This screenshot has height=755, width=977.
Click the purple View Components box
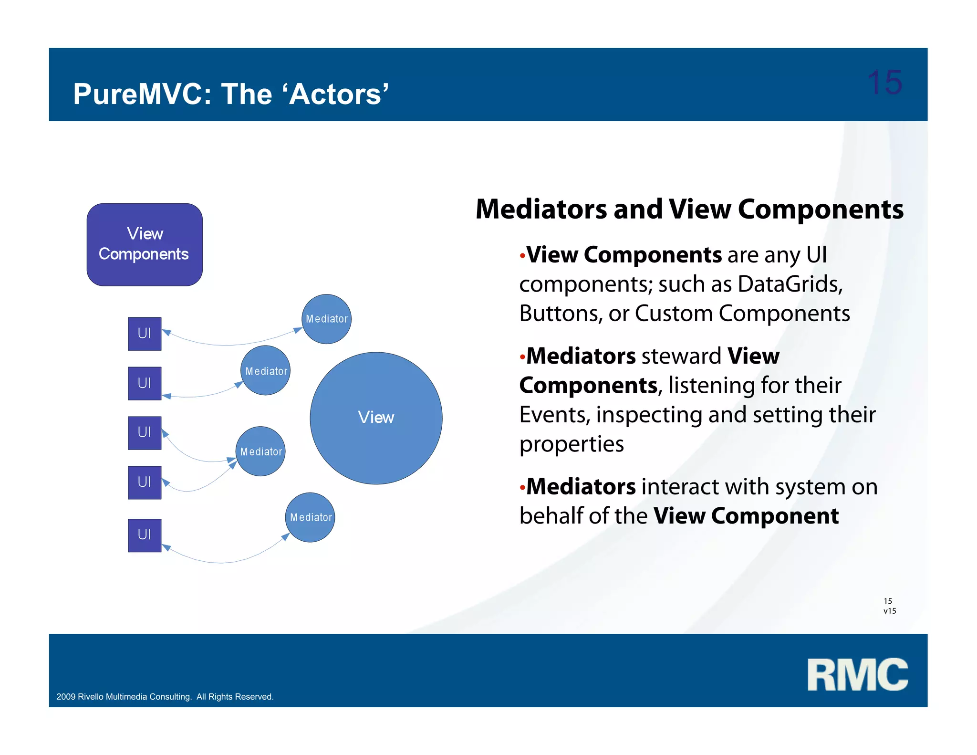click(x=145, y=244)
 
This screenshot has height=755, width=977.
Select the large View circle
click(x=376, y=418)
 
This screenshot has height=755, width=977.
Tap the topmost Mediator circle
click(x=327, y=319)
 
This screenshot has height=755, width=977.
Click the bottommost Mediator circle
click(x=310, y=517)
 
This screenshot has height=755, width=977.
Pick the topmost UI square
click(x=145, y=334)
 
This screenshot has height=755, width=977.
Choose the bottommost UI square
click(x=145, y=535)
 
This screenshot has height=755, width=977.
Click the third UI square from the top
click(x=145, y=433)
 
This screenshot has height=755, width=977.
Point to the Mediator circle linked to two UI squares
click(x=261, y=451)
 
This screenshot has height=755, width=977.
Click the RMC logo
click(x=857, y=674)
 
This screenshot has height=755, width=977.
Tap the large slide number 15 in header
click(x=884, y=83)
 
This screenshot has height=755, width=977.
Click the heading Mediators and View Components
click(x=689, y=210)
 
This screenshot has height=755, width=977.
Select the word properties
click(x=571, y=444)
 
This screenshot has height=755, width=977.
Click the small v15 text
click(x=890, y=611)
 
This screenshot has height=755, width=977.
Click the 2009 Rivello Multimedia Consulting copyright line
click(x=165, y=697)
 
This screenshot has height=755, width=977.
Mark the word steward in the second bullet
click(x=681, y=357)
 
